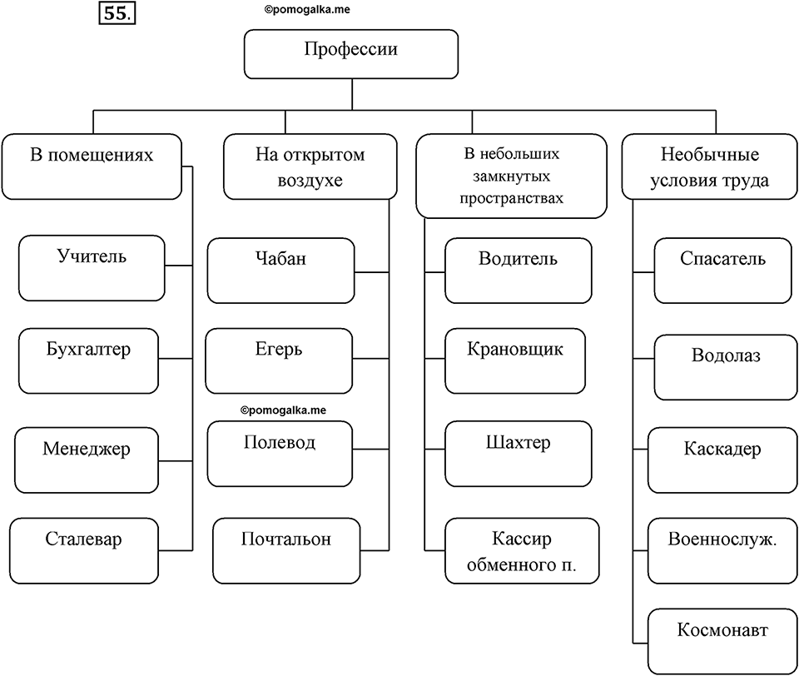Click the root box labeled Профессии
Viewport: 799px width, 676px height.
pyautogui.click(x=351, y=54)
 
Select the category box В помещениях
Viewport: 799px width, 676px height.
pyautogui.click(x=92, y=167)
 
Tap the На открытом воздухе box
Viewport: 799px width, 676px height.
pyautogui.click(x=310, y=167)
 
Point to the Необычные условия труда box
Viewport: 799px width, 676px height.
pyautogui.click(x=710, y=167)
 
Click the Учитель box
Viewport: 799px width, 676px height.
pyautogui.click(x=92, y=268)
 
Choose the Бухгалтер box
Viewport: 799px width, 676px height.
pyautogui.click(x=89, y=361)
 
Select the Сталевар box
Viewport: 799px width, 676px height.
pyautogui.click(x=84, y=550)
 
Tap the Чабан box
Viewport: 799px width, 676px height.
pyautogui.click(x=280, y=271)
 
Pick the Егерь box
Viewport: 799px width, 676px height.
pyautogui.click(x=279, y=361)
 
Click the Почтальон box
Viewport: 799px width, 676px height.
pyautogui.click(x=286, y=550)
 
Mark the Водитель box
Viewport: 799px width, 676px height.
pyautogui.click(x=519, y=271)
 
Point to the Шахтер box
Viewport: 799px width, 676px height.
pyautogui.click(x=519, y=454)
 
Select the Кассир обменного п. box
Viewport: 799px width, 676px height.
pyautogui.click(x=522, y=550)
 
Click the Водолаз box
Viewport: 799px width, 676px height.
pyautogui.click(x=726, y=367)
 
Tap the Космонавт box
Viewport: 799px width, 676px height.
pyautogui.click(x=722, y=641)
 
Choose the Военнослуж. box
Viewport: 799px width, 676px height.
pyautogui.click(x=722, y=550)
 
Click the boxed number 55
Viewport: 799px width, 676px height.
pyautogui.click(x=117, y=13)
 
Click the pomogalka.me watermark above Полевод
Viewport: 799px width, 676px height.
pyautogui.click(x=283, y=410)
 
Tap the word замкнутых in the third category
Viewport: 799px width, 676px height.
pyautogui.click(x=512, y=176)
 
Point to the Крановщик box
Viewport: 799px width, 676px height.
pyautogui.click(x=515, y=361)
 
